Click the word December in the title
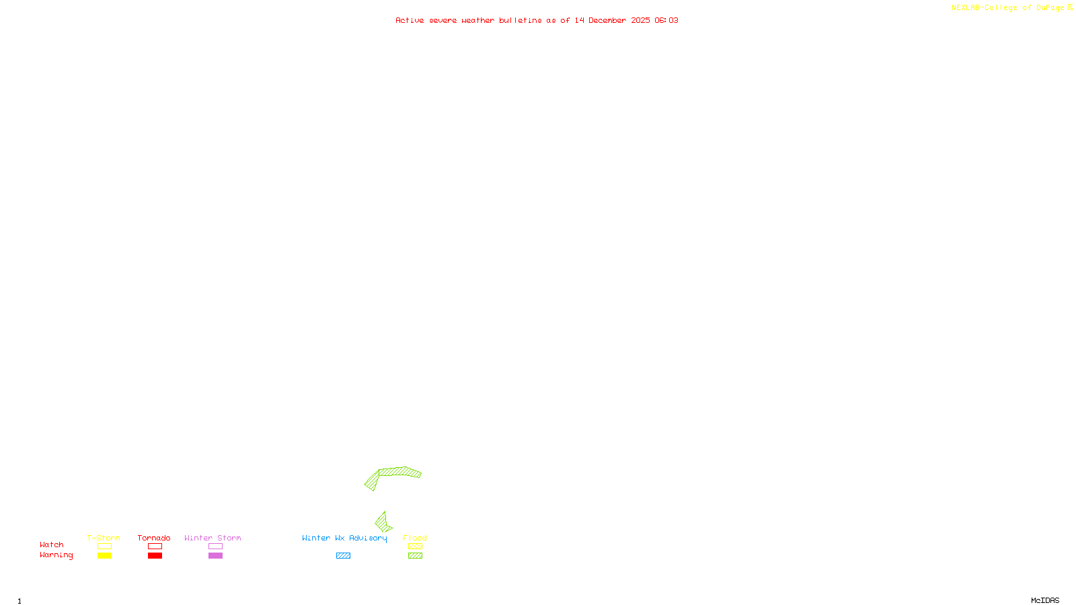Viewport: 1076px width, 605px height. (x=607, y=21)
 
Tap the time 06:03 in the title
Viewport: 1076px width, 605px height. (x=666, y=21)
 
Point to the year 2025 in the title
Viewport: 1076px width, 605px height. (x=640, y=21)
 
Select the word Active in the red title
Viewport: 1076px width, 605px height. (x=410, y=21)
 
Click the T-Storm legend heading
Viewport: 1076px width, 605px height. (x=104, y=538)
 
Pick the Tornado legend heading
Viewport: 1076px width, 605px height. (x=154, y=538)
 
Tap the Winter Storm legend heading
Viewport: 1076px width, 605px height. (x=213, y=538)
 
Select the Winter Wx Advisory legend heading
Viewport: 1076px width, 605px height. (x=344, y=538)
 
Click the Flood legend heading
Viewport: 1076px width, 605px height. (x=415, y=538)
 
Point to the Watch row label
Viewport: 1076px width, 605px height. (x=52, y=545)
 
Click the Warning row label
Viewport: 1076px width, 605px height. (x=56, y=555)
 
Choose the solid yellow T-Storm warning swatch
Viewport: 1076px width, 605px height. (x=104, y=556)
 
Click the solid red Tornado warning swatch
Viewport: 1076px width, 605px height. (x=155, y=556)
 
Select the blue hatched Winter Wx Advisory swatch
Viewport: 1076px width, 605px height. (x=343, y=556)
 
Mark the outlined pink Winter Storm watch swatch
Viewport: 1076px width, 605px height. (x=215, y=547)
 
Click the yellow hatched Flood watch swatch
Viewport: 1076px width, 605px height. (x=415, y=547)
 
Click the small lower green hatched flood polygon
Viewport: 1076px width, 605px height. (x=383, y=522)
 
